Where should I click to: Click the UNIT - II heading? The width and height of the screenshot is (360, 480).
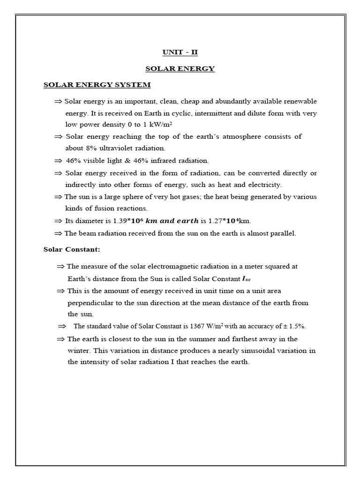pyautogui.click(x=180, y=52)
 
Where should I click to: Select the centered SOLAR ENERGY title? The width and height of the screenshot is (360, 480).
pyautogui.click(x=180, y=68)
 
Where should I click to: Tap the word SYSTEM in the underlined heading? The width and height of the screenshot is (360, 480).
pyautogui.click(x=135, y=85)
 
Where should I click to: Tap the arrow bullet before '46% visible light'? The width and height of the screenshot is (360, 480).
pyautogui.click(x=58, y=160)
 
